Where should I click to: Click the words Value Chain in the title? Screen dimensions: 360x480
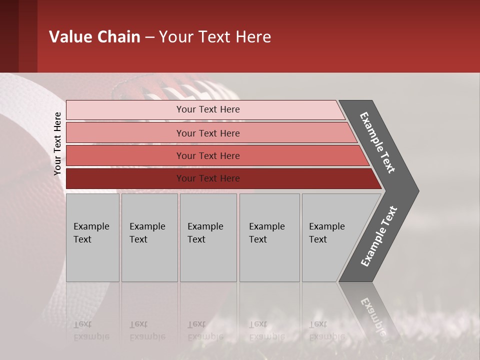coord(94,37)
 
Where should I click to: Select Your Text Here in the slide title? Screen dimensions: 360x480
coord(215,37)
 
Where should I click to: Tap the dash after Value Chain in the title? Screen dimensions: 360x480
coord(149,37)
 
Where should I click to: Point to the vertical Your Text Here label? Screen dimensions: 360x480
coord(57,144)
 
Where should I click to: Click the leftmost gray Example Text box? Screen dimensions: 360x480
coord(92,237)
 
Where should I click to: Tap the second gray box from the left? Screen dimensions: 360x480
coord(149,237)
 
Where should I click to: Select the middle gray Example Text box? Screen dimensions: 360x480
coord(208,237)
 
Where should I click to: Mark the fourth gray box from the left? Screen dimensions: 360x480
coord(269,237)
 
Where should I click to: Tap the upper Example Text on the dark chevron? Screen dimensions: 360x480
coord(378,142)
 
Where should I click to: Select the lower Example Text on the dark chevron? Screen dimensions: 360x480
coord(379,236)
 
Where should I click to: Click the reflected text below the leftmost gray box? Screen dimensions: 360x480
coord(91,330)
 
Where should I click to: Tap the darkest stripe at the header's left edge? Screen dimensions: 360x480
coord(9,36)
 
